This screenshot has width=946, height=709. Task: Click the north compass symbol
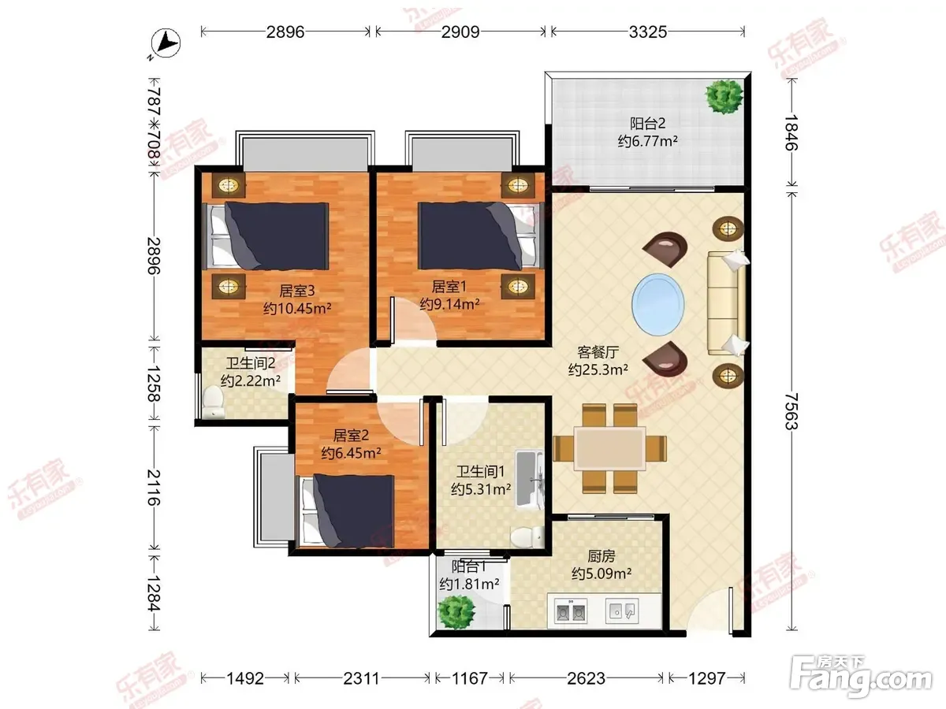coord(165,43)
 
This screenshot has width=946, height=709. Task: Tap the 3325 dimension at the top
coord(648,32)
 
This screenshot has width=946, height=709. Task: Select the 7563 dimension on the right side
coord(791,411)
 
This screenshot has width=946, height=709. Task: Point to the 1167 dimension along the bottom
coord(469,678)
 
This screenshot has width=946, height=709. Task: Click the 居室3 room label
coord(297,291)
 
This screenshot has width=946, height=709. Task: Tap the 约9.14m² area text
coord(449,304)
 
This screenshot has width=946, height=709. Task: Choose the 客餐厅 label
coord(598,352)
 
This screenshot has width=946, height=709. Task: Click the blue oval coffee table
coord(657,304)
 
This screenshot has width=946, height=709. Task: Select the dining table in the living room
coord(610,448)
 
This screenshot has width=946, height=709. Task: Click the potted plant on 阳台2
coord(724,96)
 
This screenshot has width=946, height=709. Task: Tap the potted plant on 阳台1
coord(456,612)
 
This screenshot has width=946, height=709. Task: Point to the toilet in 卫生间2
coord(214,402)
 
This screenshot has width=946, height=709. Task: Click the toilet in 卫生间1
coord(527,536)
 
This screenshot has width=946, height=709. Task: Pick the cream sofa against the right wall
coord(728,303)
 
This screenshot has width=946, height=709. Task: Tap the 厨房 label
coord(601,556)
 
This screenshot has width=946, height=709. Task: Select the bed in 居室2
coord(348,510)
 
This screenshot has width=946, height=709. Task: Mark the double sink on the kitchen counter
coord(571,611)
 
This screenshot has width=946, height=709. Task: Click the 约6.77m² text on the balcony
coord(647,141)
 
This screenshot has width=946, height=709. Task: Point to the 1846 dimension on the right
coord(791,132)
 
